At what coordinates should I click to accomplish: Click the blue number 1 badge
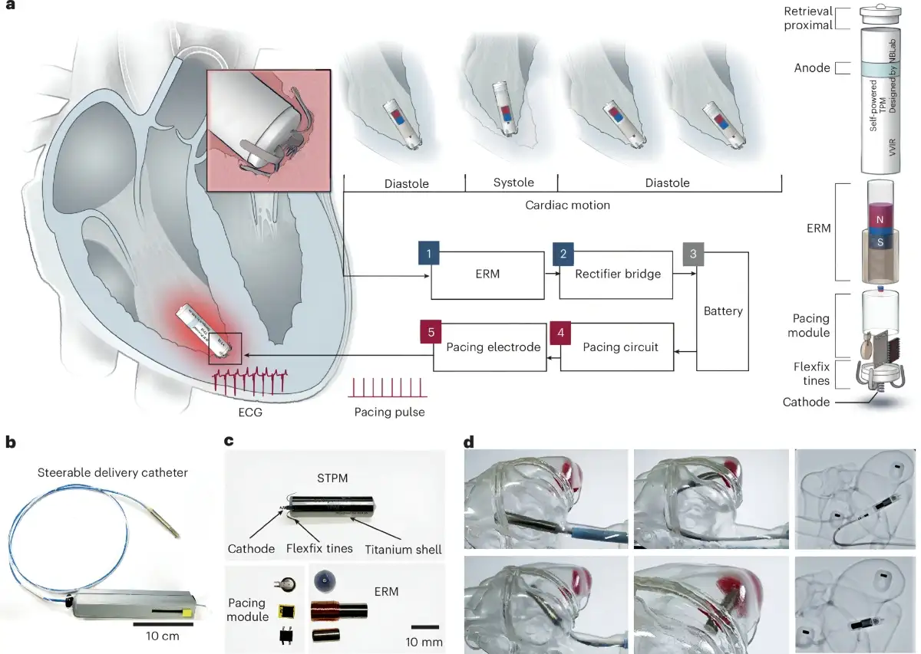(x=429, y=253)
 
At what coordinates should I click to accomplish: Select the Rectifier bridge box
(x=616, y=274)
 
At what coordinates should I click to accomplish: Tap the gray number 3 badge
(x=693, y=254)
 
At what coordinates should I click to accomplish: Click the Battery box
(x=722, y=311)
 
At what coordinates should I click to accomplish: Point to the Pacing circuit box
(x=617, y=347)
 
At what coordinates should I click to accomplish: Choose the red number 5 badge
(x=431, y=332)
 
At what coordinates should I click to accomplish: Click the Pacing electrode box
(x=490, y=347)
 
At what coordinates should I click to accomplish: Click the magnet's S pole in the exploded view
(x=880, y=242)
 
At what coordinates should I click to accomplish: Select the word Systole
(x=513, y=182)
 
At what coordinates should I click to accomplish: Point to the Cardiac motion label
(x=567, y=205)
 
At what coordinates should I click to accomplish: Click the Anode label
(x=812, y=67)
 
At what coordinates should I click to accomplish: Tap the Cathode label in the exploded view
(x=806, y=402)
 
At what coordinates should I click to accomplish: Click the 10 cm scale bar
(x=163, y=624)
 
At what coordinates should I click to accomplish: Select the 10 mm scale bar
(x=424, y=627)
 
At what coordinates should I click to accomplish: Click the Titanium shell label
(x=403, y=550)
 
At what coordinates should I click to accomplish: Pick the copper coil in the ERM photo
(x=325, y=610)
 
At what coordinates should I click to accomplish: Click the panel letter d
(x=468, y=442)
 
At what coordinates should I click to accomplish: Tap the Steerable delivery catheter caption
(x=113, y=473)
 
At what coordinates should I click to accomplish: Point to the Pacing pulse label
(x=389, y=412)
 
